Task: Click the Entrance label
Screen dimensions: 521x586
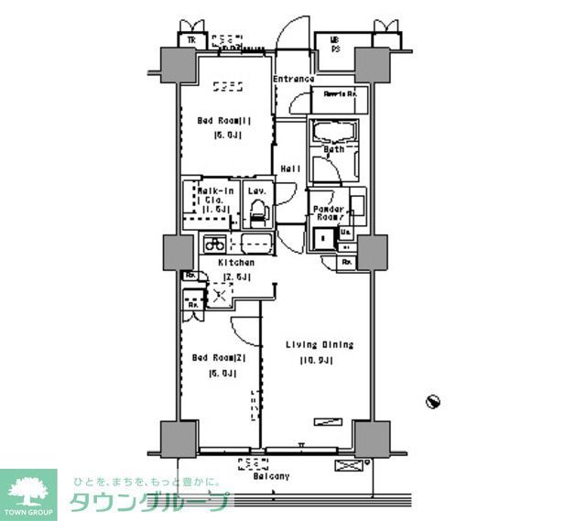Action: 294,80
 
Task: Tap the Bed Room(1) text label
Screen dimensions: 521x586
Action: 224,119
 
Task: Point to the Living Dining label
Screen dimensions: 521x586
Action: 320,344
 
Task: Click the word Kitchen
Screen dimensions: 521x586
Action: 235,262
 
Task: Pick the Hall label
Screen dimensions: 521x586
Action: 291,168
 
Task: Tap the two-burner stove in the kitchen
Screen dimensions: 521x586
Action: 215,244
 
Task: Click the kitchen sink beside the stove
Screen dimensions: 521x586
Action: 254,244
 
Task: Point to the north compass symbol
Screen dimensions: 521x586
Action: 434,401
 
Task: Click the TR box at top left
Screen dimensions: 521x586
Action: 191,39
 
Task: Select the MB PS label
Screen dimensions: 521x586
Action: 334,44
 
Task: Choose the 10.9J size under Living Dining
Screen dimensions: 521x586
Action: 315,361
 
